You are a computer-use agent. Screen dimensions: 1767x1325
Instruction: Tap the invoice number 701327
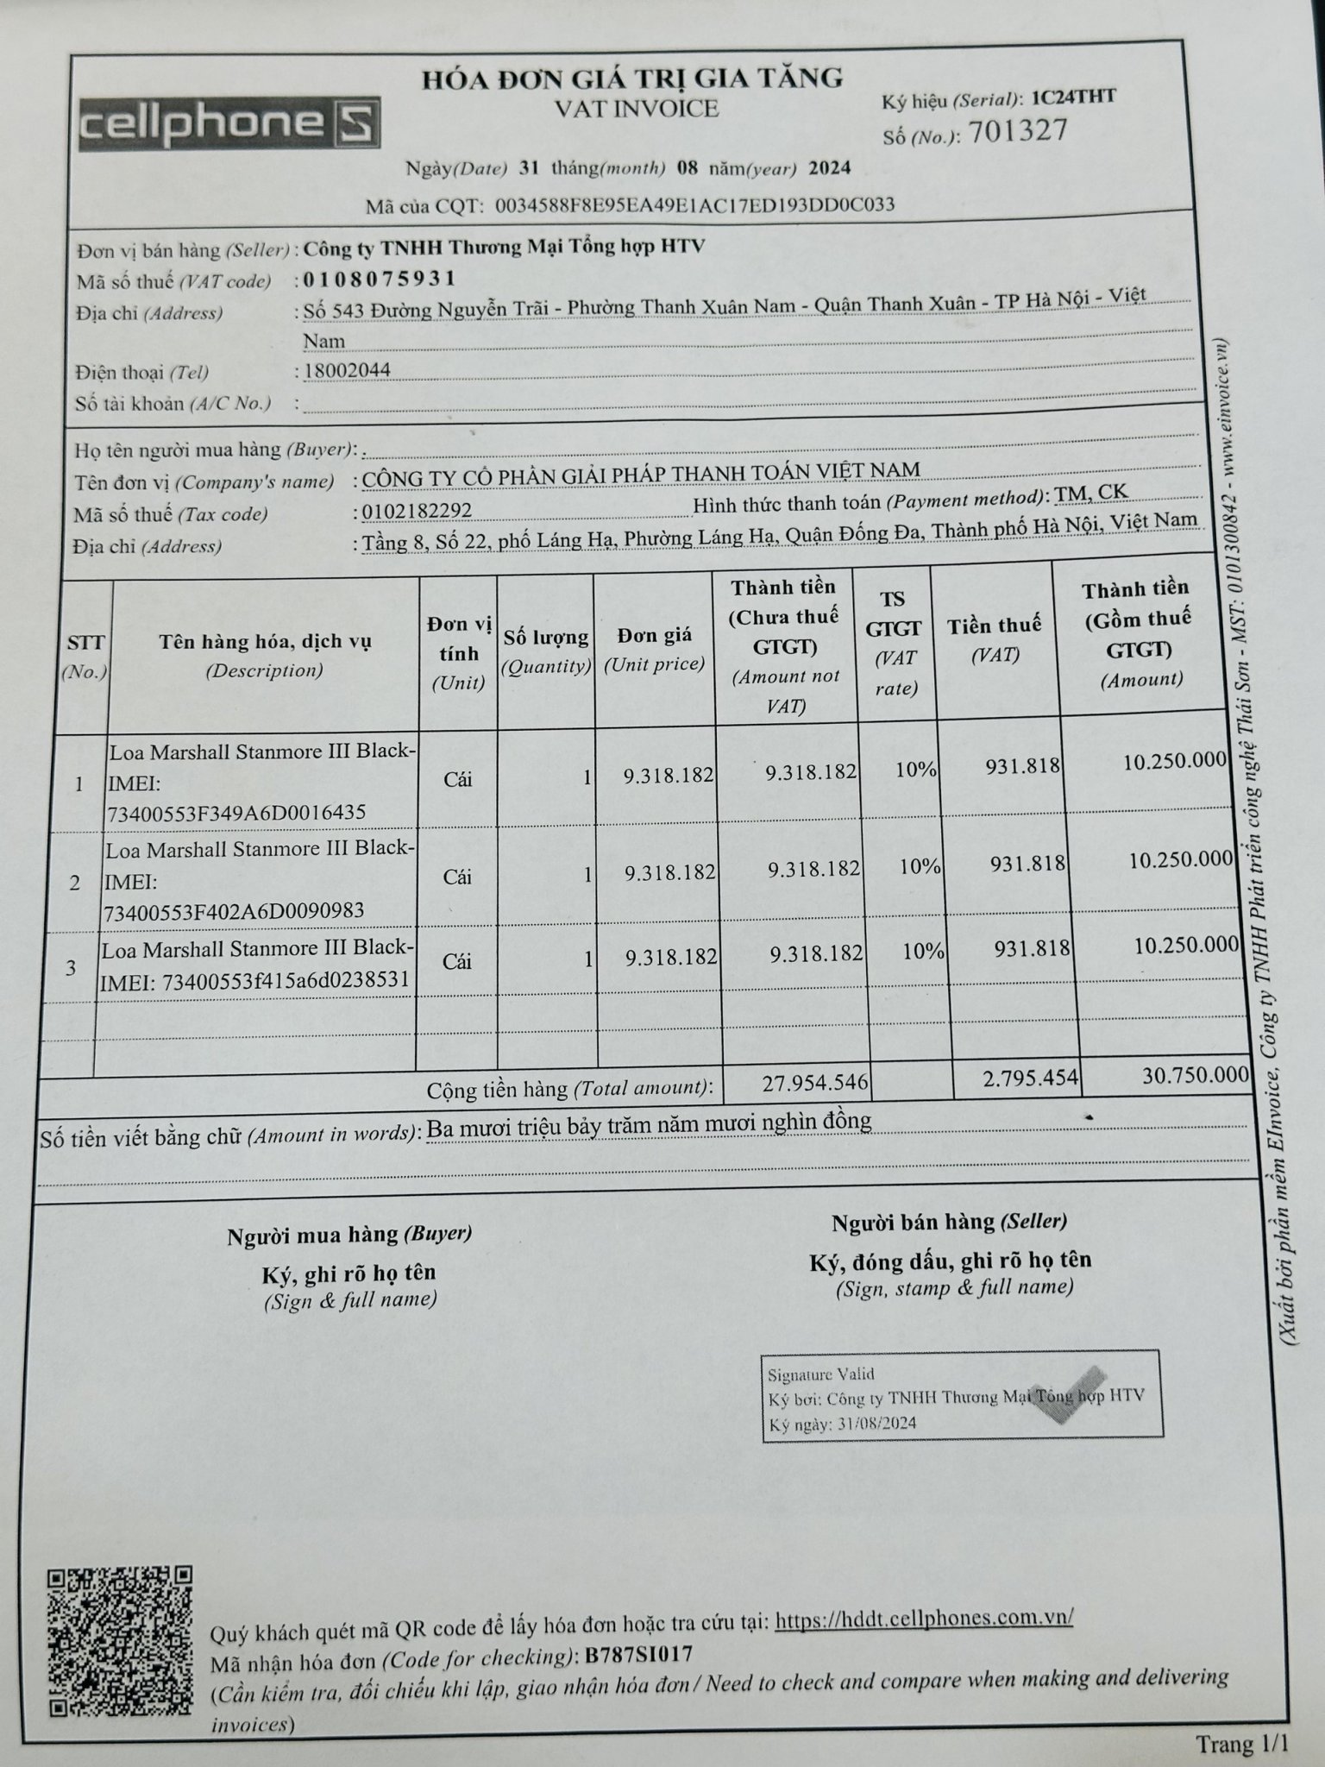pos(1018,132)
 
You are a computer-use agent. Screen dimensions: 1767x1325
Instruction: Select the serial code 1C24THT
pos(1073,97)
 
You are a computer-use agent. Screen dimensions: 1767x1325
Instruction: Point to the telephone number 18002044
pos(348,371)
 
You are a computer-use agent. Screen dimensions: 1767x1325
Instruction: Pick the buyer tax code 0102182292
pos(417,512)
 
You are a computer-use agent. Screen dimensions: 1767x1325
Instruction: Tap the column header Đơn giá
pos(654,636)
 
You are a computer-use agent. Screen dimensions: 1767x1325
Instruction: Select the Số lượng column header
pos(546,638)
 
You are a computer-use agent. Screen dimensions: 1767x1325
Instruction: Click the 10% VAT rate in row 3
pos(923,952)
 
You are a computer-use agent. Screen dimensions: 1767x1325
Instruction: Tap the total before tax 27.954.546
pos(814,1082)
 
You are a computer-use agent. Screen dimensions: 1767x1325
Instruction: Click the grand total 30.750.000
pos(1196,1075)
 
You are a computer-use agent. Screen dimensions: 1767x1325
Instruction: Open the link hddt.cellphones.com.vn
pos(924,1618)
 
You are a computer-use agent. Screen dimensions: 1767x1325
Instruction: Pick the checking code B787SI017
pos(638,1656)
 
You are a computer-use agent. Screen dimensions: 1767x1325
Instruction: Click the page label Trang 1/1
pos(1240,1745)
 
